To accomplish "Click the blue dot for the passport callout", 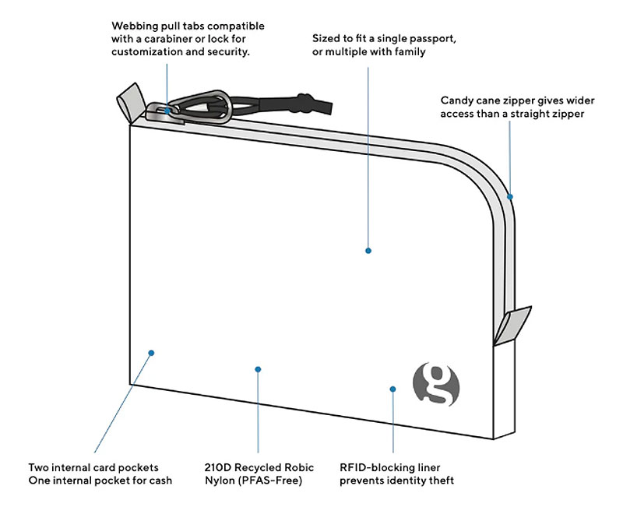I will [x=368, y=251].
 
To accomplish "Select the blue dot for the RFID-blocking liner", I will [x=393, y=388].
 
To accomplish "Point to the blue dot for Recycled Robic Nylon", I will [x=258, y=369].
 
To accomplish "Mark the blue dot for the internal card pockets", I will [x=152, y=353].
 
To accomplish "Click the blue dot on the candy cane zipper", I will [x=511, y=196].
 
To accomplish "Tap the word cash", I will [x=159, y=481].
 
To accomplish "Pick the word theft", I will [x=439, y=481].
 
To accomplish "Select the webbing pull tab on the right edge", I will [x=515, y=323].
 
